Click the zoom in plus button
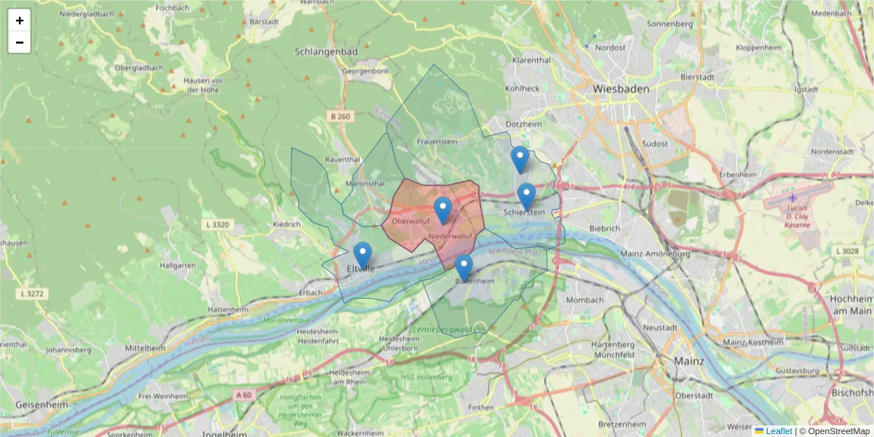[20, 20]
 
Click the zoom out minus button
[20, 42]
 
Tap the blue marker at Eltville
[363, 256]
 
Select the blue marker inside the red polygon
[443, 210]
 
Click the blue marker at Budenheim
[463, 268]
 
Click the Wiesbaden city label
[621, 88]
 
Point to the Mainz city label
[688, 361]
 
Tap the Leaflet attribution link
[779, 431]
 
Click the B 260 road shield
[339, 117]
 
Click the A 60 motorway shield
[243, 394]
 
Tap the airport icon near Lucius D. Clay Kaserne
[792, 198]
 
